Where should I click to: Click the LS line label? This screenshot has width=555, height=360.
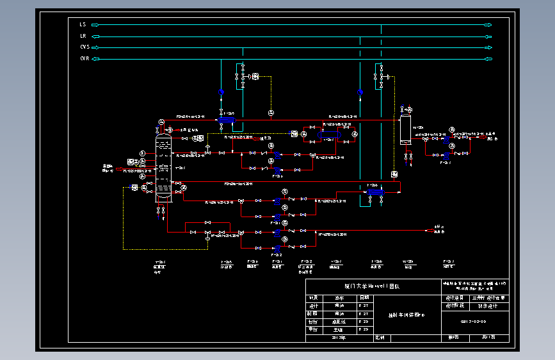tap(83, 24)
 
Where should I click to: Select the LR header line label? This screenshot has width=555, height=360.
tap(83, 36)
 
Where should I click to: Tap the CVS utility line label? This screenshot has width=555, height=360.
tap(84, 47)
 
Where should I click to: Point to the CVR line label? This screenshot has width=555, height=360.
tap(84, 59)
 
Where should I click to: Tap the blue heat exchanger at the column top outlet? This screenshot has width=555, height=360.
tap(226, 120)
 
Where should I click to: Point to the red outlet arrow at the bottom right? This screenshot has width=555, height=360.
tap(427, 229)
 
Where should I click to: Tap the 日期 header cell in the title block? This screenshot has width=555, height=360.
tap(364, 298)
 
